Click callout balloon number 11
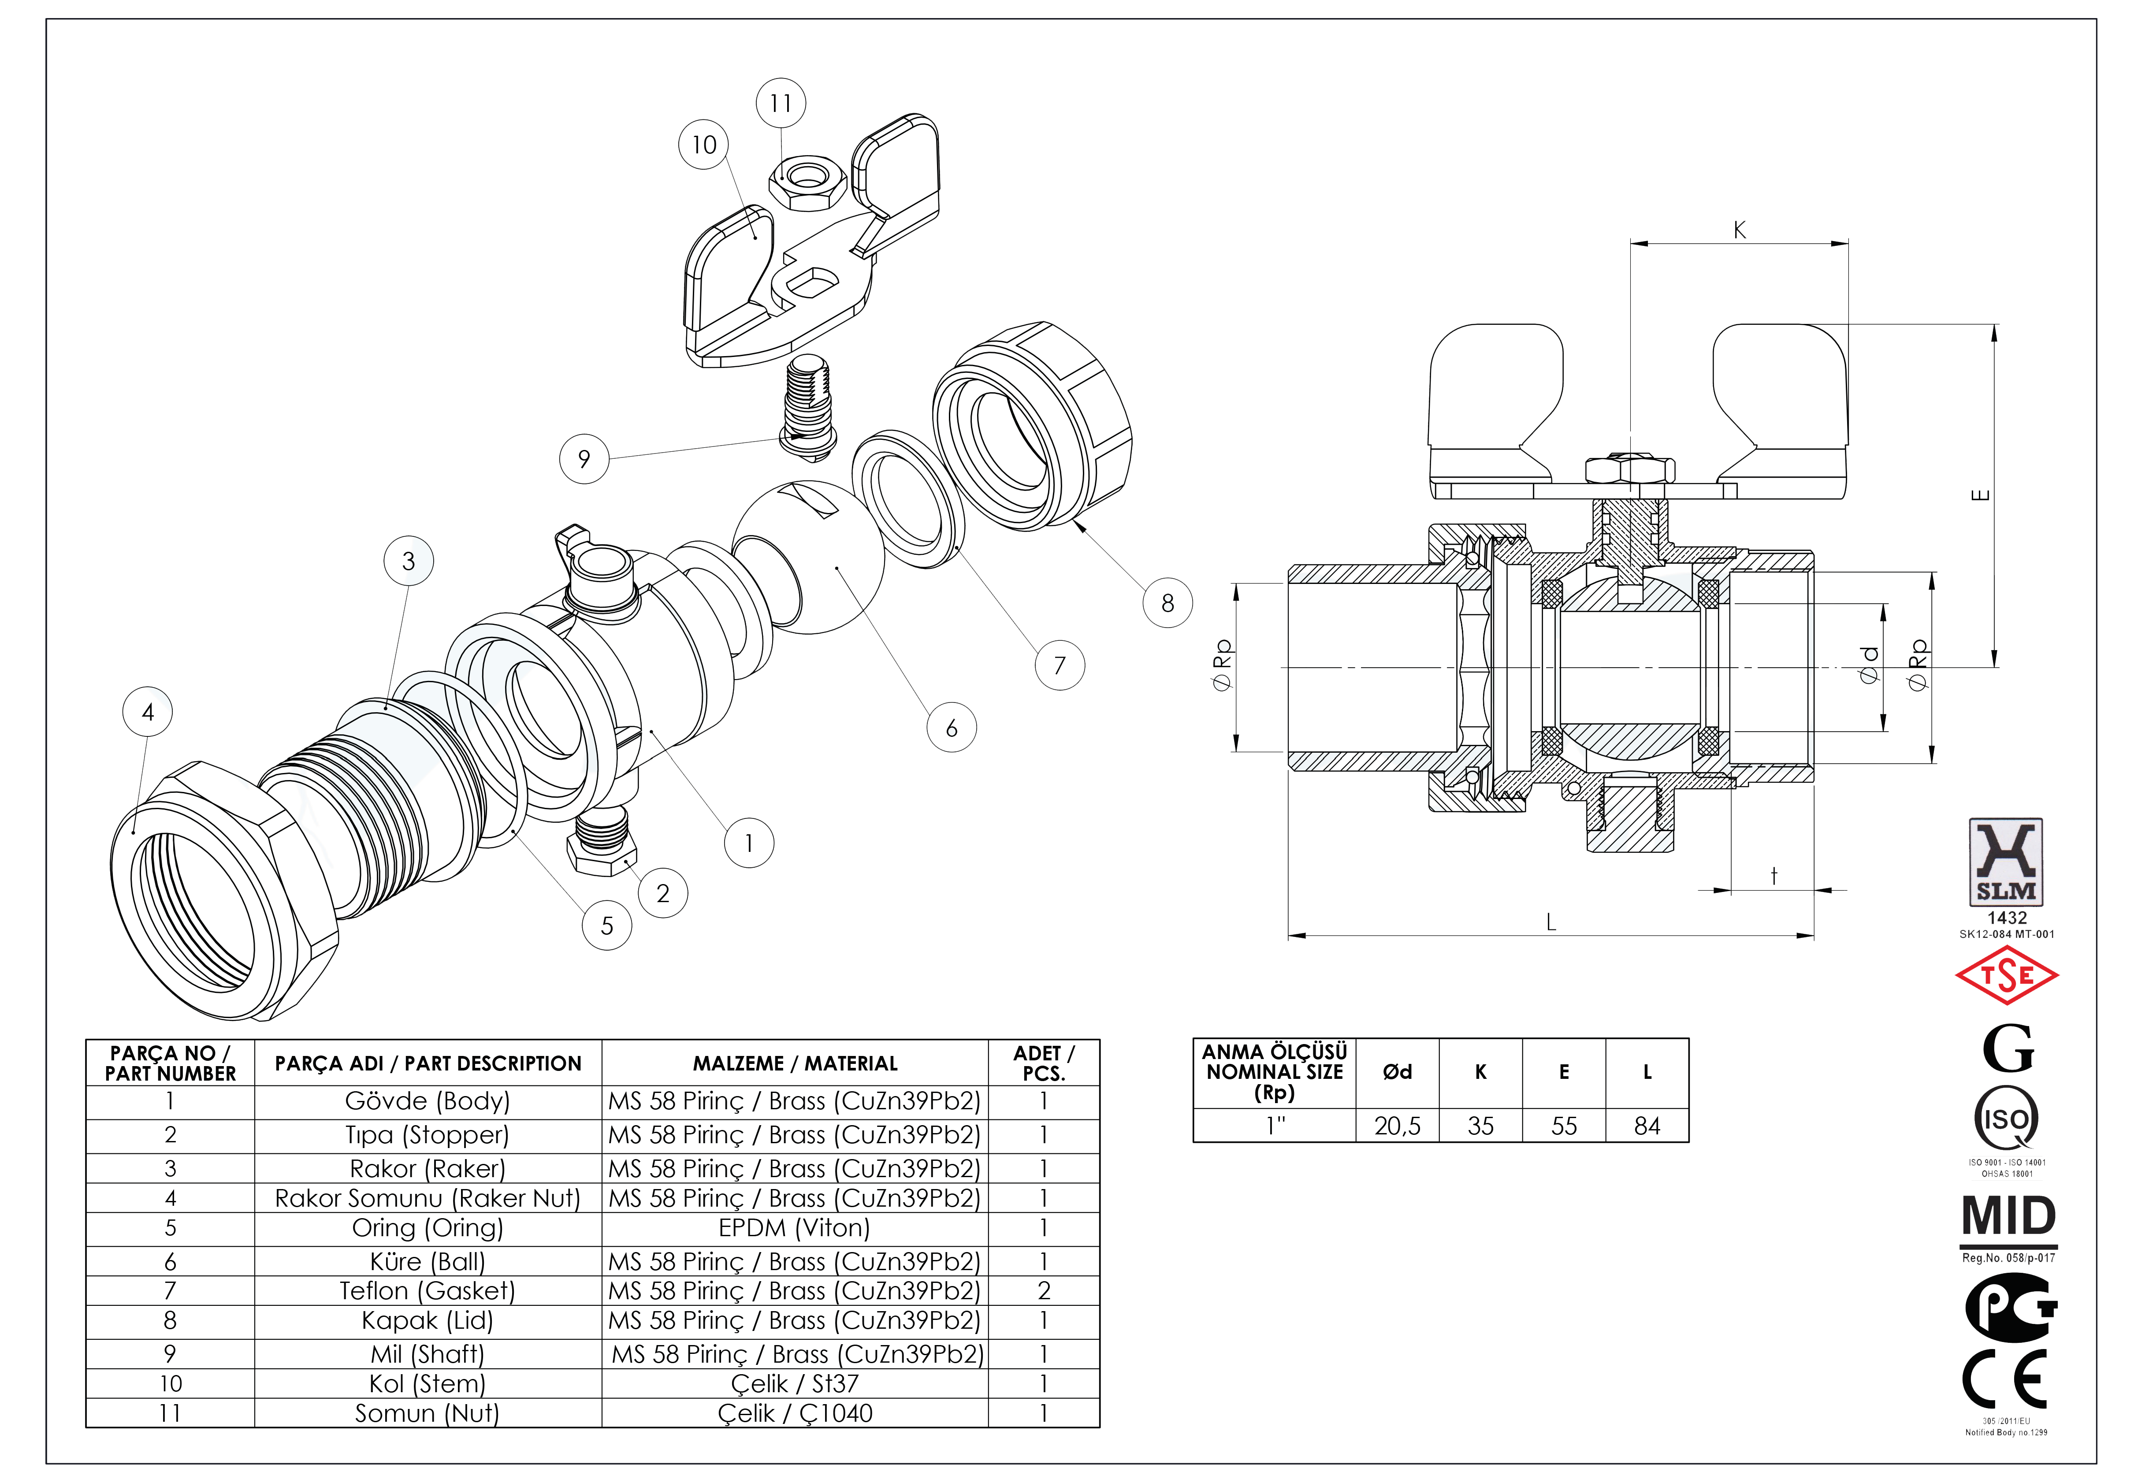point(781,103)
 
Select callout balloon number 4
point(148,712)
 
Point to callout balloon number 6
point(952,728)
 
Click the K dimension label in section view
point(1739,230)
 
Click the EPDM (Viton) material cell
point(794,1227)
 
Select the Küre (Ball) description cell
point(428,1261)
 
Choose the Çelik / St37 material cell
point(794,1383)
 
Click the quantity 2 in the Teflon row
point(1043,1291)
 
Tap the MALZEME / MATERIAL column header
point(794,1063)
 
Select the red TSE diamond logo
point(2007,976)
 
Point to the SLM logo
point(2006,862)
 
